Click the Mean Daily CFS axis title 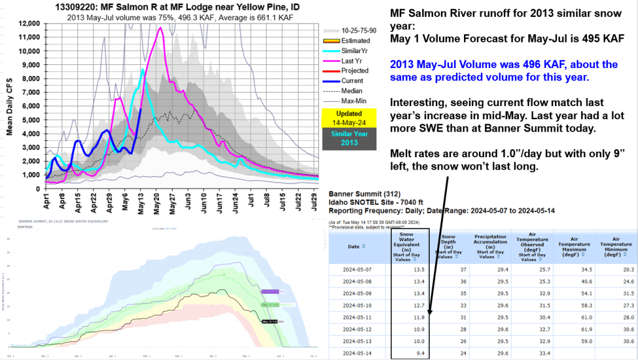8,100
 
